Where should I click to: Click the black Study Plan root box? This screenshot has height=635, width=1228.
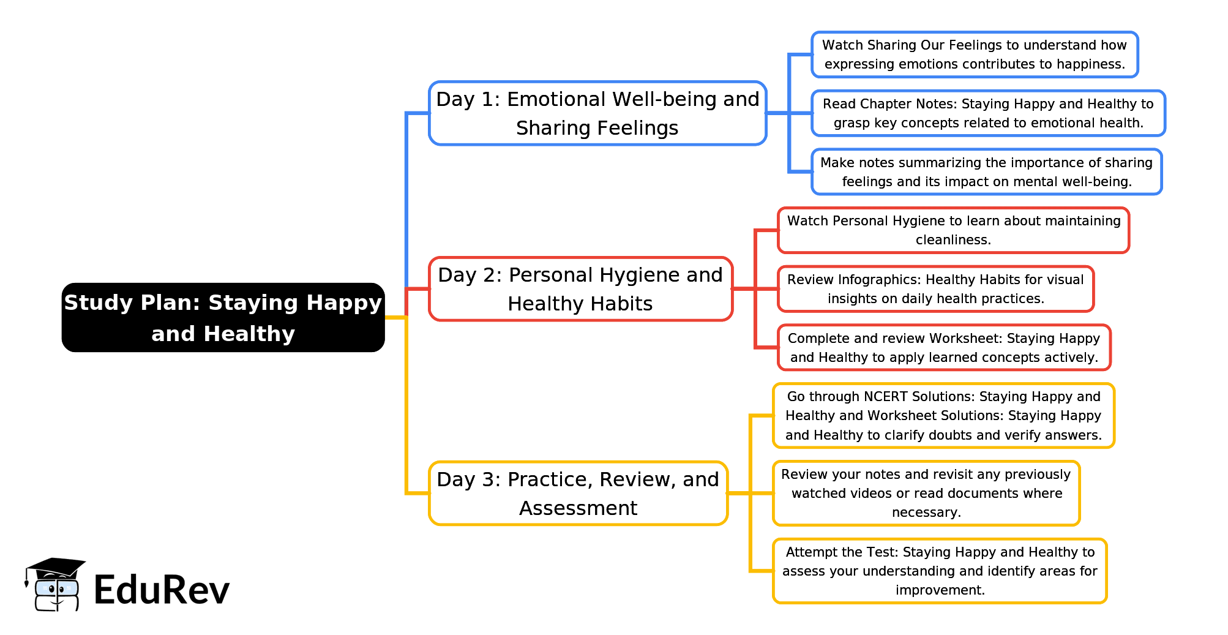pos(223,317)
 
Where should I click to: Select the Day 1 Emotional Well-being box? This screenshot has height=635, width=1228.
pos(597,113)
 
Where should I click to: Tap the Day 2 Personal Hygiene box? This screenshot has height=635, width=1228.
pos(580,289)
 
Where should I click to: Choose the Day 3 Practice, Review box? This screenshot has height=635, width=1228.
pos(578,494)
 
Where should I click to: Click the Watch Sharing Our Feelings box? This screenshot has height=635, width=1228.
pos(975,54)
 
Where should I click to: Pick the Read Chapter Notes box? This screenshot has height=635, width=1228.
pos(988,113)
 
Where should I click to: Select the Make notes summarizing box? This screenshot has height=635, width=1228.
pos(986,172)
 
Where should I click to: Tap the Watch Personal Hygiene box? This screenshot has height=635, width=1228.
pos(953,230)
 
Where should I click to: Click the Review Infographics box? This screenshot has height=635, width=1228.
pos(935,289)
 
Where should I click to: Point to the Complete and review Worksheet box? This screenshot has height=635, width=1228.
pos(944,348)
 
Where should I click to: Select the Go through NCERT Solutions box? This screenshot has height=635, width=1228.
pos(943,416)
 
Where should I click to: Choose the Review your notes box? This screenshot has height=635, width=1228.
pos(926,494)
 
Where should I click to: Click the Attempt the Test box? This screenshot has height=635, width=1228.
pos(940,571)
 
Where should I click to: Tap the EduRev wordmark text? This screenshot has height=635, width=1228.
pos(162,590)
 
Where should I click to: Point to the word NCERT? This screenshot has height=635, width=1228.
pos(886,397)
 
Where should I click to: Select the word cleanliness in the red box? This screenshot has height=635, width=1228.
pos(953,240)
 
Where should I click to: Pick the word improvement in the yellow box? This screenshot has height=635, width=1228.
pos(940,590)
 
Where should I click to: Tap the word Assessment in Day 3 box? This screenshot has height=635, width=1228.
pos(578,508)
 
